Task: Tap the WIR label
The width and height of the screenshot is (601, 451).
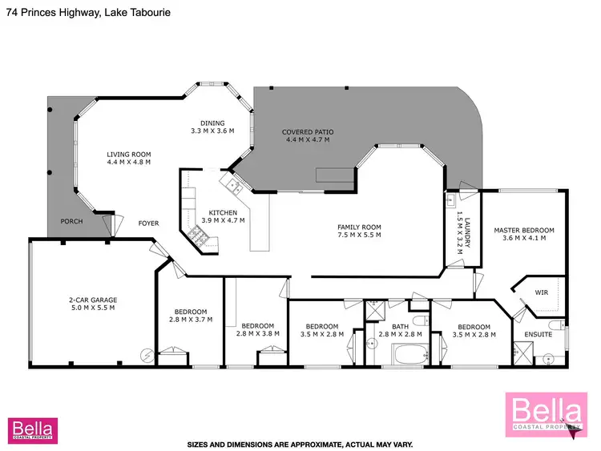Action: (541, 293)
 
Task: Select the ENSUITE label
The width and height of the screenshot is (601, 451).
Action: (538, 334)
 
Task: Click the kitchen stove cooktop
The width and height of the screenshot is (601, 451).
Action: (197, 235)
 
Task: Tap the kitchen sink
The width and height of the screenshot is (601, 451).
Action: (234, 187)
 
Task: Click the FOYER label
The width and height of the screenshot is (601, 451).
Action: (148, 223)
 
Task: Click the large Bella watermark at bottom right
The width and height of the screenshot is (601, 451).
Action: (543, 417)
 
